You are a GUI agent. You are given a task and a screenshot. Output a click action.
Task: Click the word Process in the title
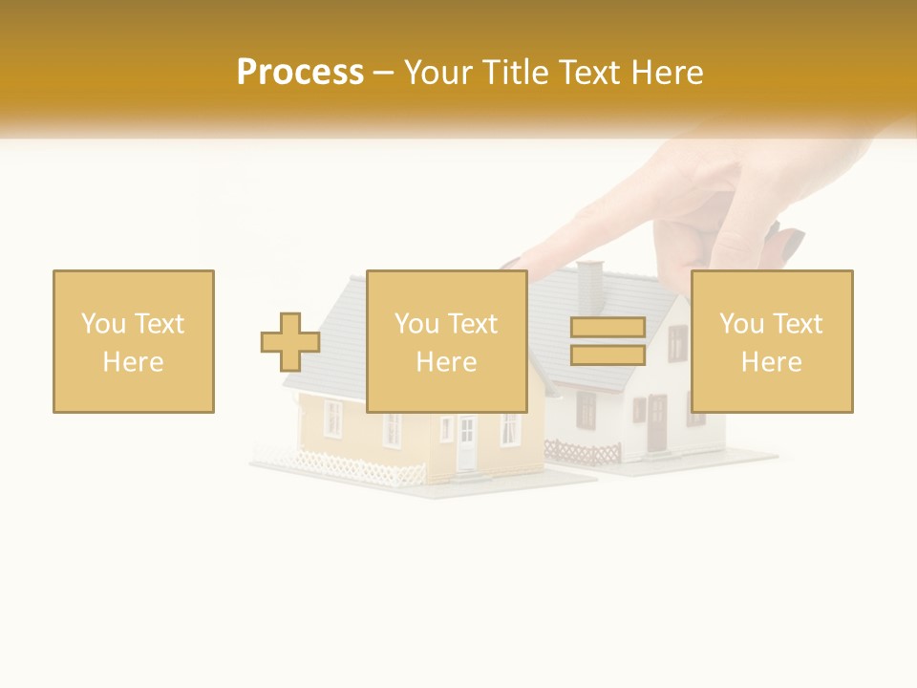300,73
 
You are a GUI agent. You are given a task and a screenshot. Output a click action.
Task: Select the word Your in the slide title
438,73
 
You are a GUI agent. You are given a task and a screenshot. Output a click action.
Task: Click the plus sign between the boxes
290,342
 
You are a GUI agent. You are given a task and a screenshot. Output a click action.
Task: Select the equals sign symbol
608,341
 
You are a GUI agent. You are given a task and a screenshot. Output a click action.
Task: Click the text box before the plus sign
134,341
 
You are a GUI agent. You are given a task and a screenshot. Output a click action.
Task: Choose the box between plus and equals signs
447,341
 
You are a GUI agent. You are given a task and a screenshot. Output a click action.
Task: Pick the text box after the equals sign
772,341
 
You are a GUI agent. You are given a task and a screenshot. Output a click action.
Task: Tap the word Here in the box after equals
772,361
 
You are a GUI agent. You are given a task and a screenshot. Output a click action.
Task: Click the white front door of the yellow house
466,442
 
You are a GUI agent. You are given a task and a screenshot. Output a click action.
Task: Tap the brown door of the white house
657,423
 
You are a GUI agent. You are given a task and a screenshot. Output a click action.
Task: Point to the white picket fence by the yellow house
353,468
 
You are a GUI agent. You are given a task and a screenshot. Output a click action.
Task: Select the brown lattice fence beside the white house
583,452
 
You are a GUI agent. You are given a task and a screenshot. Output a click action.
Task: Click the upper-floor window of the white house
677,343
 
